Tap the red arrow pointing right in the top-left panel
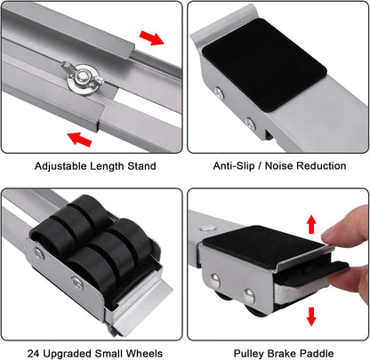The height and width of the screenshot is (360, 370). [152, 38]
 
